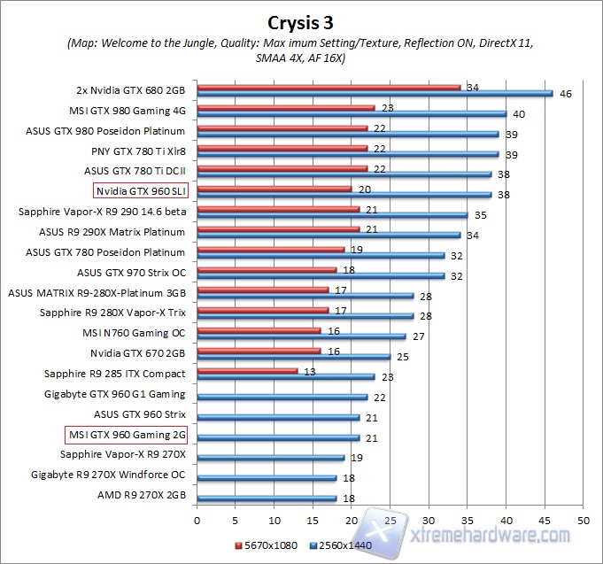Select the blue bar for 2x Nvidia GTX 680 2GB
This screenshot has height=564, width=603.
(375, 93)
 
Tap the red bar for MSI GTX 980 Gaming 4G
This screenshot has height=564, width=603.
(285, 107)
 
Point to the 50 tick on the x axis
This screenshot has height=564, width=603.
(583, 520)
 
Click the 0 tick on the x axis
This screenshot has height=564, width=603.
(197, 520)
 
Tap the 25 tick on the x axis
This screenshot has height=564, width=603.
(390, 520)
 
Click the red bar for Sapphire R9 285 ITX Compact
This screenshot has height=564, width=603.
(247, 371)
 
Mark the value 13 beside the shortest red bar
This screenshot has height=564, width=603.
(311, 371)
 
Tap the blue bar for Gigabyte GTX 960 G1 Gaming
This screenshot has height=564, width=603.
(282, 397)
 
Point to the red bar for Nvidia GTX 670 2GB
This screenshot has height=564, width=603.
(259, 351)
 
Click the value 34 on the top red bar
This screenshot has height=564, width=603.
(474, 87)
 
